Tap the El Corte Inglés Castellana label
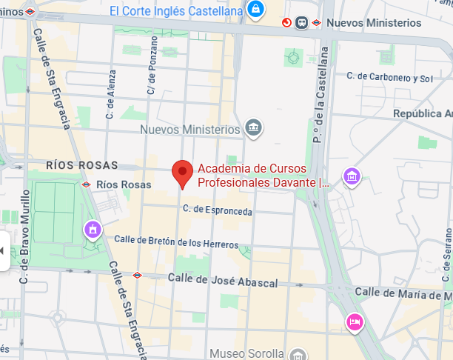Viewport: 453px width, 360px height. pyautogui.click(x=176, y=10)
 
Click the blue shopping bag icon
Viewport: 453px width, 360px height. pyautogui.click(x=255, y=9)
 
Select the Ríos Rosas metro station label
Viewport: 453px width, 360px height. pyautogui.click(x=124, y=184)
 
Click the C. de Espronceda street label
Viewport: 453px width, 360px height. pyautogui.click(x=218, y=212)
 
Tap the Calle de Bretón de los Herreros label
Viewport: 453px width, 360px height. pyautogui.click(x=176, y=241)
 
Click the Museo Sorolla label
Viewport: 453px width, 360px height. pyautogui.click(x=246, y=353)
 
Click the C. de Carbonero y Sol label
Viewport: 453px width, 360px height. pyautogui.click(x=390, y=78)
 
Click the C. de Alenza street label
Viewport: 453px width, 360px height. pyautogui.click(x=112, y=93)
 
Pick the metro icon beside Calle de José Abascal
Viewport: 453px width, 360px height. pyautogui.click(x=137, y=275)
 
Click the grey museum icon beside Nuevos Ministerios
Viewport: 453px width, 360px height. pyautogui.click(x=254, y=129)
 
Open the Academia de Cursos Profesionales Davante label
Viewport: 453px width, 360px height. pyautogui.click(x=263, y=175)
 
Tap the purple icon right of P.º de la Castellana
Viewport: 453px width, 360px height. pyautogui.click(x=352, y=176)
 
